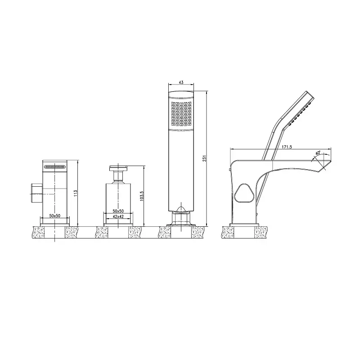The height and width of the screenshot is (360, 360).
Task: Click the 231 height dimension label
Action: (x=205, y=158)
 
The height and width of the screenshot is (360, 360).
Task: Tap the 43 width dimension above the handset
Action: (x=181, y=82)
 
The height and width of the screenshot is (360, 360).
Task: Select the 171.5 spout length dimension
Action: (x=287, y=147)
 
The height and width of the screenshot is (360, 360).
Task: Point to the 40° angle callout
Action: (x=318, y=153)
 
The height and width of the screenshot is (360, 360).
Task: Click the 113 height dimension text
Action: (x=76, y=193)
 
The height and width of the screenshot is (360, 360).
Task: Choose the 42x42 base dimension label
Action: (x=118, y=216)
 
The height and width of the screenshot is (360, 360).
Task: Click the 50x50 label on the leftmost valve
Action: (x=55, y=216)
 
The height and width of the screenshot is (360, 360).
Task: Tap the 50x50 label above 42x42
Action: (x=118, y=211)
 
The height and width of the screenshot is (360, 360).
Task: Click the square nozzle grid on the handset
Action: (x=181, y=114)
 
